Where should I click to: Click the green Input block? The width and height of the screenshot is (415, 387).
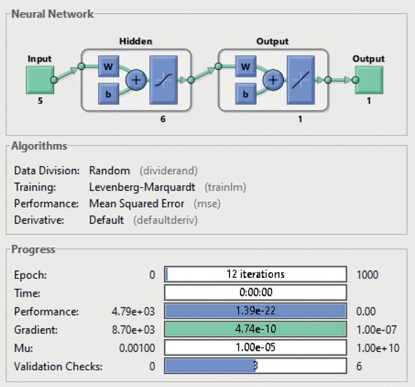pos(40,80)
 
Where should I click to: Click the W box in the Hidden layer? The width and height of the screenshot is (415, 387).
pos(108,66)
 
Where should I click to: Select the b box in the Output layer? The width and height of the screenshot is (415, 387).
pos(246,94)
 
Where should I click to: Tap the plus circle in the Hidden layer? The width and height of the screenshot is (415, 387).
pos(136,80)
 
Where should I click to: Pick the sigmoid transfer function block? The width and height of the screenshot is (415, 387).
pos(163,80)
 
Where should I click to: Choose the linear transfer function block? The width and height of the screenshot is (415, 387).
pos(301,80)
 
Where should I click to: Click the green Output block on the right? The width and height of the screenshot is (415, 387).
pos(369,80)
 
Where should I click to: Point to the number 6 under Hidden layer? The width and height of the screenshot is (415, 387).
pos(163,119)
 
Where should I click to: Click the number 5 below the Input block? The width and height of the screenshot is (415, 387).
pos(40,101)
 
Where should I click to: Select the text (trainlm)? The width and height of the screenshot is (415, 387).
pos(225,188)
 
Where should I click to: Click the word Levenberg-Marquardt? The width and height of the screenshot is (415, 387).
pos(142,187)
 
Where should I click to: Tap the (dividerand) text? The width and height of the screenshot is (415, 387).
pos(169,171)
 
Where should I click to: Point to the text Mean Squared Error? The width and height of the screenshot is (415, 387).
pos(137,204)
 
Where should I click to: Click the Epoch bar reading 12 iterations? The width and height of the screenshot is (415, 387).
pos(255,274)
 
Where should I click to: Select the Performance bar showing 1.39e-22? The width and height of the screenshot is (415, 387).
pos(255,310)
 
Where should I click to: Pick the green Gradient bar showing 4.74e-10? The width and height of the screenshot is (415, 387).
pos(255,329)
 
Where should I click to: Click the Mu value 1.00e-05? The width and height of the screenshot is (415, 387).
pos(255,347)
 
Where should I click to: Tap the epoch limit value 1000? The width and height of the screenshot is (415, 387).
pos(368,275)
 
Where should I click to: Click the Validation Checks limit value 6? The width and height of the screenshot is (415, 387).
pos(359,366)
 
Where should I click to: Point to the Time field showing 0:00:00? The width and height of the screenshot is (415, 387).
pos(255,292)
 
